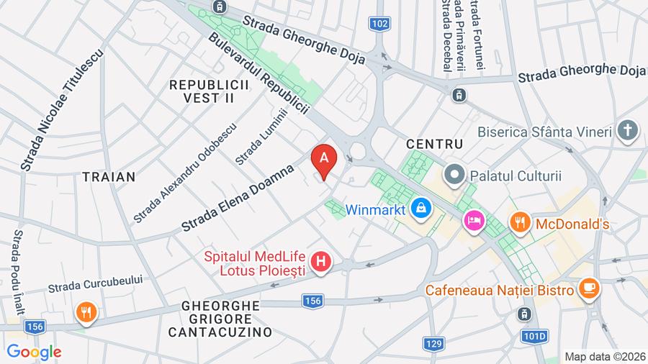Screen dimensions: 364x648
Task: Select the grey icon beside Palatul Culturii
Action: coord(455,175)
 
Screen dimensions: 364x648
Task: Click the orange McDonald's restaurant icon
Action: coord(520,224)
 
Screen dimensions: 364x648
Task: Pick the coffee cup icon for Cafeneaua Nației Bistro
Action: coord(588,289)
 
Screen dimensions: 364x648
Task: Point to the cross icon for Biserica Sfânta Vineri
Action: coord(628,131)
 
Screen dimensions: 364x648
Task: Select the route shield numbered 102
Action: coord(381,24)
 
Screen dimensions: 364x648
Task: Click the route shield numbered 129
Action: coord(433,344)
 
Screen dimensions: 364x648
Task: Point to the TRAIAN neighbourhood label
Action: coord(109,176)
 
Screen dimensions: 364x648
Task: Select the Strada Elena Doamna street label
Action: coord(238,198)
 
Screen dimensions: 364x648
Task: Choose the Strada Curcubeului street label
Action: coord(96,283)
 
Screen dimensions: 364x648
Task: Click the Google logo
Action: coord(34,352)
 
